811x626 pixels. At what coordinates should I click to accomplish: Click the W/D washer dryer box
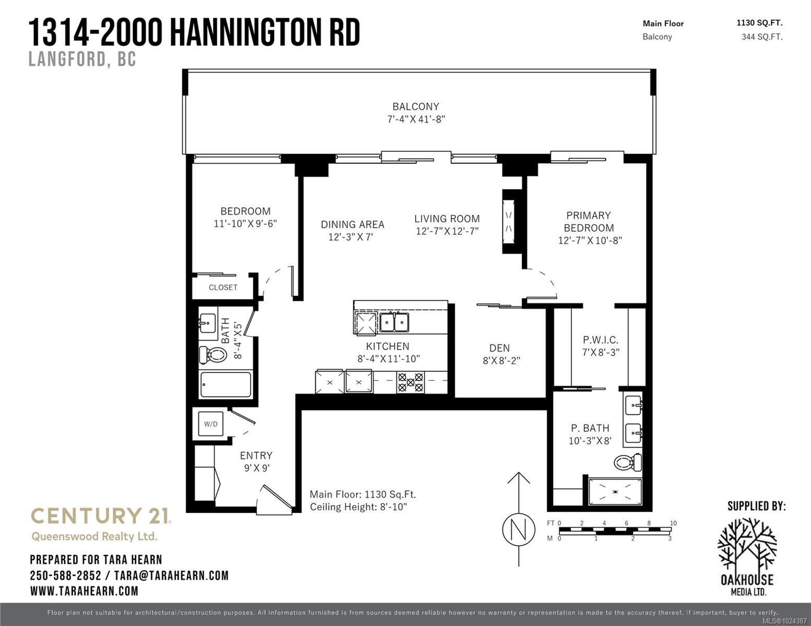(211, 424)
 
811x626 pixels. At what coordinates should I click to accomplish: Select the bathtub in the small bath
(226, 385)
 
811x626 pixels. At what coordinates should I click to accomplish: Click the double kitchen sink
(394, 322)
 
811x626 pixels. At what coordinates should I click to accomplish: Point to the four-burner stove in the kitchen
(410, 381)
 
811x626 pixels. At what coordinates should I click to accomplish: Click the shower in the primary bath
(615, 491)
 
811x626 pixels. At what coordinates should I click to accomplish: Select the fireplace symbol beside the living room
(509, 221)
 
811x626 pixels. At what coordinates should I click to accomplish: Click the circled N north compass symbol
(519, 530)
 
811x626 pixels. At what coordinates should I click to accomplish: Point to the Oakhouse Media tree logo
(747, 545)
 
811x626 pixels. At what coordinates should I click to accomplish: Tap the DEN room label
(499, 348)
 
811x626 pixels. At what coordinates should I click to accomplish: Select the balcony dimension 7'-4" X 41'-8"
(416, 119)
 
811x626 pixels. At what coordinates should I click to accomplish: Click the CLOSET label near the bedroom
(223, 287)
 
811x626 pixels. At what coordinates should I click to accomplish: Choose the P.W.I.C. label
(601, 340)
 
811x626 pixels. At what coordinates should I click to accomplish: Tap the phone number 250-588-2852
(65, 575)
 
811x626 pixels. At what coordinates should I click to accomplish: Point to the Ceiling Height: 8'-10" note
(358, 507)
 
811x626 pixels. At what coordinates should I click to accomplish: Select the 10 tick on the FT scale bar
(673, 523)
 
